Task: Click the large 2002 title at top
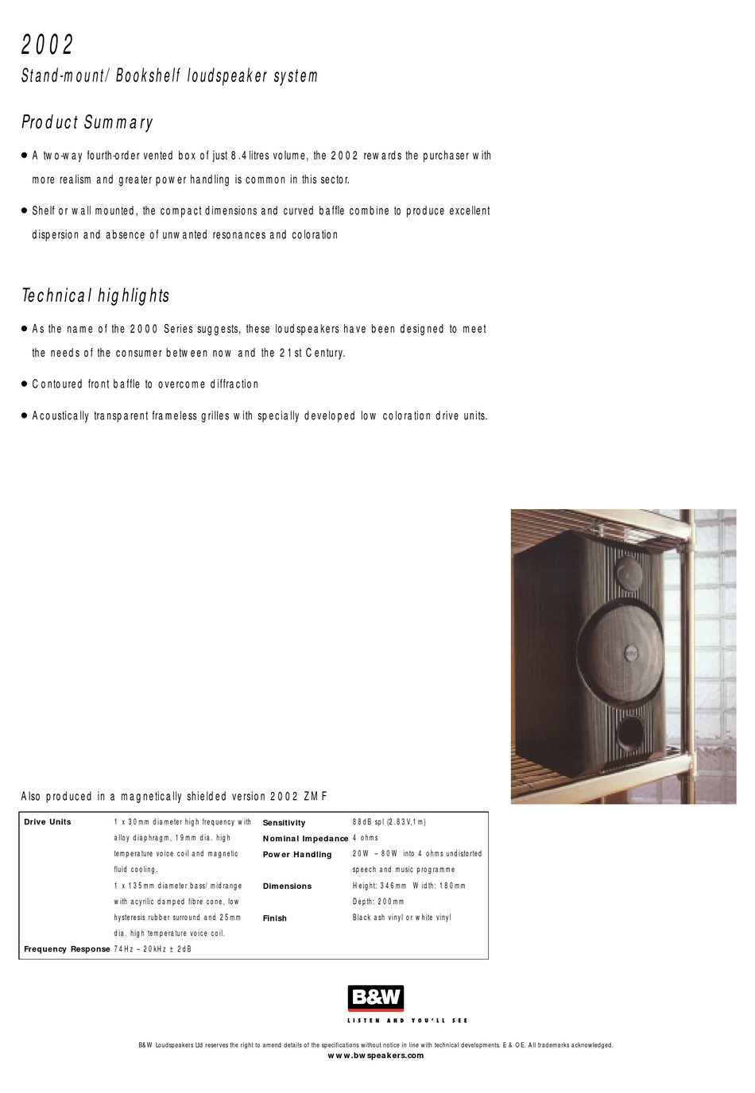48,44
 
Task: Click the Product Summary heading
87,122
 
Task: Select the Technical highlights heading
95,295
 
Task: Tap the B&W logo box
376,998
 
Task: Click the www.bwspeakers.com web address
376,1056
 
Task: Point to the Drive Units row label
48,822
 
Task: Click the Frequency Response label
67,949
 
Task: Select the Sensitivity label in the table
284,823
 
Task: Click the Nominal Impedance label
305,839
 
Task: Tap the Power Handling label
297,855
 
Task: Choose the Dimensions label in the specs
287,886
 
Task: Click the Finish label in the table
275,918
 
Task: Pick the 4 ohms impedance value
366,838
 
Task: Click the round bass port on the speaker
629,732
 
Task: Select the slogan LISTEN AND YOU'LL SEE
408,1021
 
